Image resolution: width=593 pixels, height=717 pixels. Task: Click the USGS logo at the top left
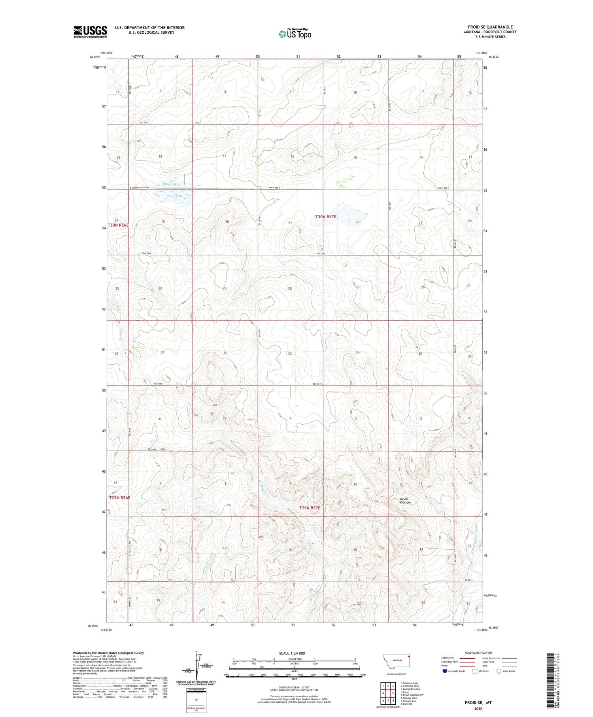90,32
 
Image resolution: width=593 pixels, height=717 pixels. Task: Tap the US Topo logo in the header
295,34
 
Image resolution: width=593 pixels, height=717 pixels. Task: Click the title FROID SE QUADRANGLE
490,27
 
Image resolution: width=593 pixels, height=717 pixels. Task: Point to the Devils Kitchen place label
405,501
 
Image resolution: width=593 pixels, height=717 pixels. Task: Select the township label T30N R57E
326,217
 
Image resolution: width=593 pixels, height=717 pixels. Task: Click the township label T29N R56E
119,498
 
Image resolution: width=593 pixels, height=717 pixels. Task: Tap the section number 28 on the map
290,288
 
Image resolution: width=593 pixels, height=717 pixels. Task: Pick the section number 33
290,354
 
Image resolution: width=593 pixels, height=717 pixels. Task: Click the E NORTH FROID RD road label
139,187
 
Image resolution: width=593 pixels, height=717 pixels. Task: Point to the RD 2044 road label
144,123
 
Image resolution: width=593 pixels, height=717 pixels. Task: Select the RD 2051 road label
468,580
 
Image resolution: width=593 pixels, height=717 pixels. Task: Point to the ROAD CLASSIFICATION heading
478,653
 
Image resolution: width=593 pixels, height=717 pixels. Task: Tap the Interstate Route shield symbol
444,671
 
